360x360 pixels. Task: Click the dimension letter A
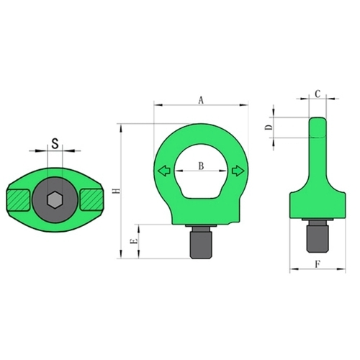(x=201, y=100)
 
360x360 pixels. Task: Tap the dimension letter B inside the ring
(x=201, y=166)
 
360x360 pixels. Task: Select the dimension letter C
(x=318, y=94)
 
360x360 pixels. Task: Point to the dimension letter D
(x=269, y=127)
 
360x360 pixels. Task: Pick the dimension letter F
(x=318, y=264)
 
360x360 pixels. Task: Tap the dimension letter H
(x=117, y=191)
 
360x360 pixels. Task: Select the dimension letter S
(x=55, y=143)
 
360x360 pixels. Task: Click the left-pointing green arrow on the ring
(x=164, y=171)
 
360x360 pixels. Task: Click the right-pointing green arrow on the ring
(x=238, y=171)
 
